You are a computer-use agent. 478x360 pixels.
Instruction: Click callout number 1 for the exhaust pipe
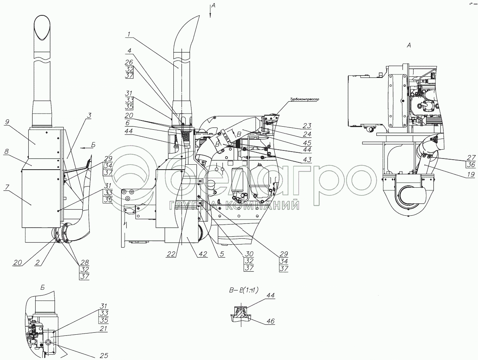(129, 34)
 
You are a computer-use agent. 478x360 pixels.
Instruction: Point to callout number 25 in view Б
(103, 356)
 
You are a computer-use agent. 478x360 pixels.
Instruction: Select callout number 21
(103, 329)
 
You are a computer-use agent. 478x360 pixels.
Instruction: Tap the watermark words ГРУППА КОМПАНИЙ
(234, 206)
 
